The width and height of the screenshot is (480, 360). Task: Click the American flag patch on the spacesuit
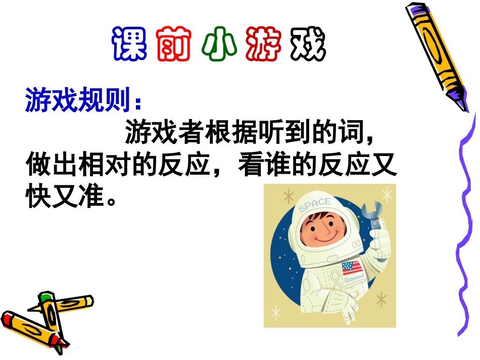[350, 268]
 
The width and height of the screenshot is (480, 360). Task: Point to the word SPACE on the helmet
[314, 204]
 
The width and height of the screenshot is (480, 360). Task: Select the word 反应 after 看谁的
[344, 166]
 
